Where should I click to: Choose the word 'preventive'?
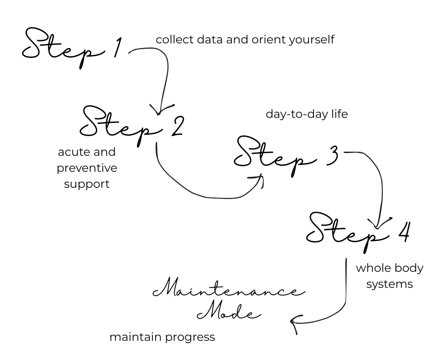click(x=87, y=169)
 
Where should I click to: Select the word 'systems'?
click(x=390, y=284)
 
